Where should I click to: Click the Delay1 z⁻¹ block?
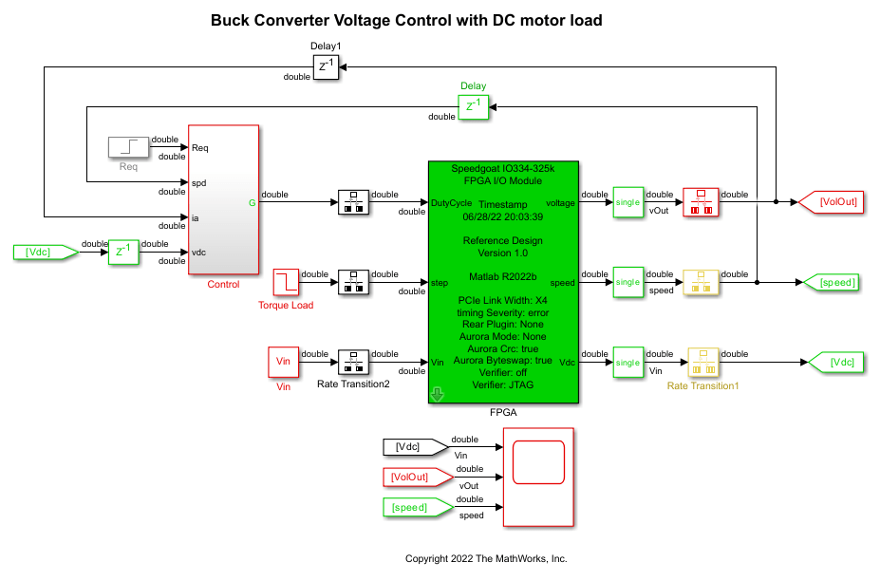(x=326, y=66)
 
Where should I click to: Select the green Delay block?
(x=473, y=106)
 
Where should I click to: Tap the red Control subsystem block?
(x=223, y=199)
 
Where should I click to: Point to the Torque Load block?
(x=286, y=282)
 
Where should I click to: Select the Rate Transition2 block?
(x=352, y=363)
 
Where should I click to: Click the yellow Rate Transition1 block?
(x=703, y=363)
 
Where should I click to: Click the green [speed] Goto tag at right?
(x=832, y=282)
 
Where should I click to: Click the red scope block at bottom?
(x=538, y=477)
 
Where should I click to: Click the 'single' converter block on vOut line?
(x=627, y=202)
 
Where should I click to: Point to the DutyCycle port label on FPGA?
(x=452, y=203)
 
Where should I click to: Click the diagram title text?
(x=406, y=20)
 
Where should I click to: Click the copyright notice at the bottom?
(x=486, y=558)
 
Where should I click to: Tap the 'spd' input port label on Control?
(x=199, y=182)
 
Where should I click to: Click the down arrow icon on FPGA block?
(x=438, y=394)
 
